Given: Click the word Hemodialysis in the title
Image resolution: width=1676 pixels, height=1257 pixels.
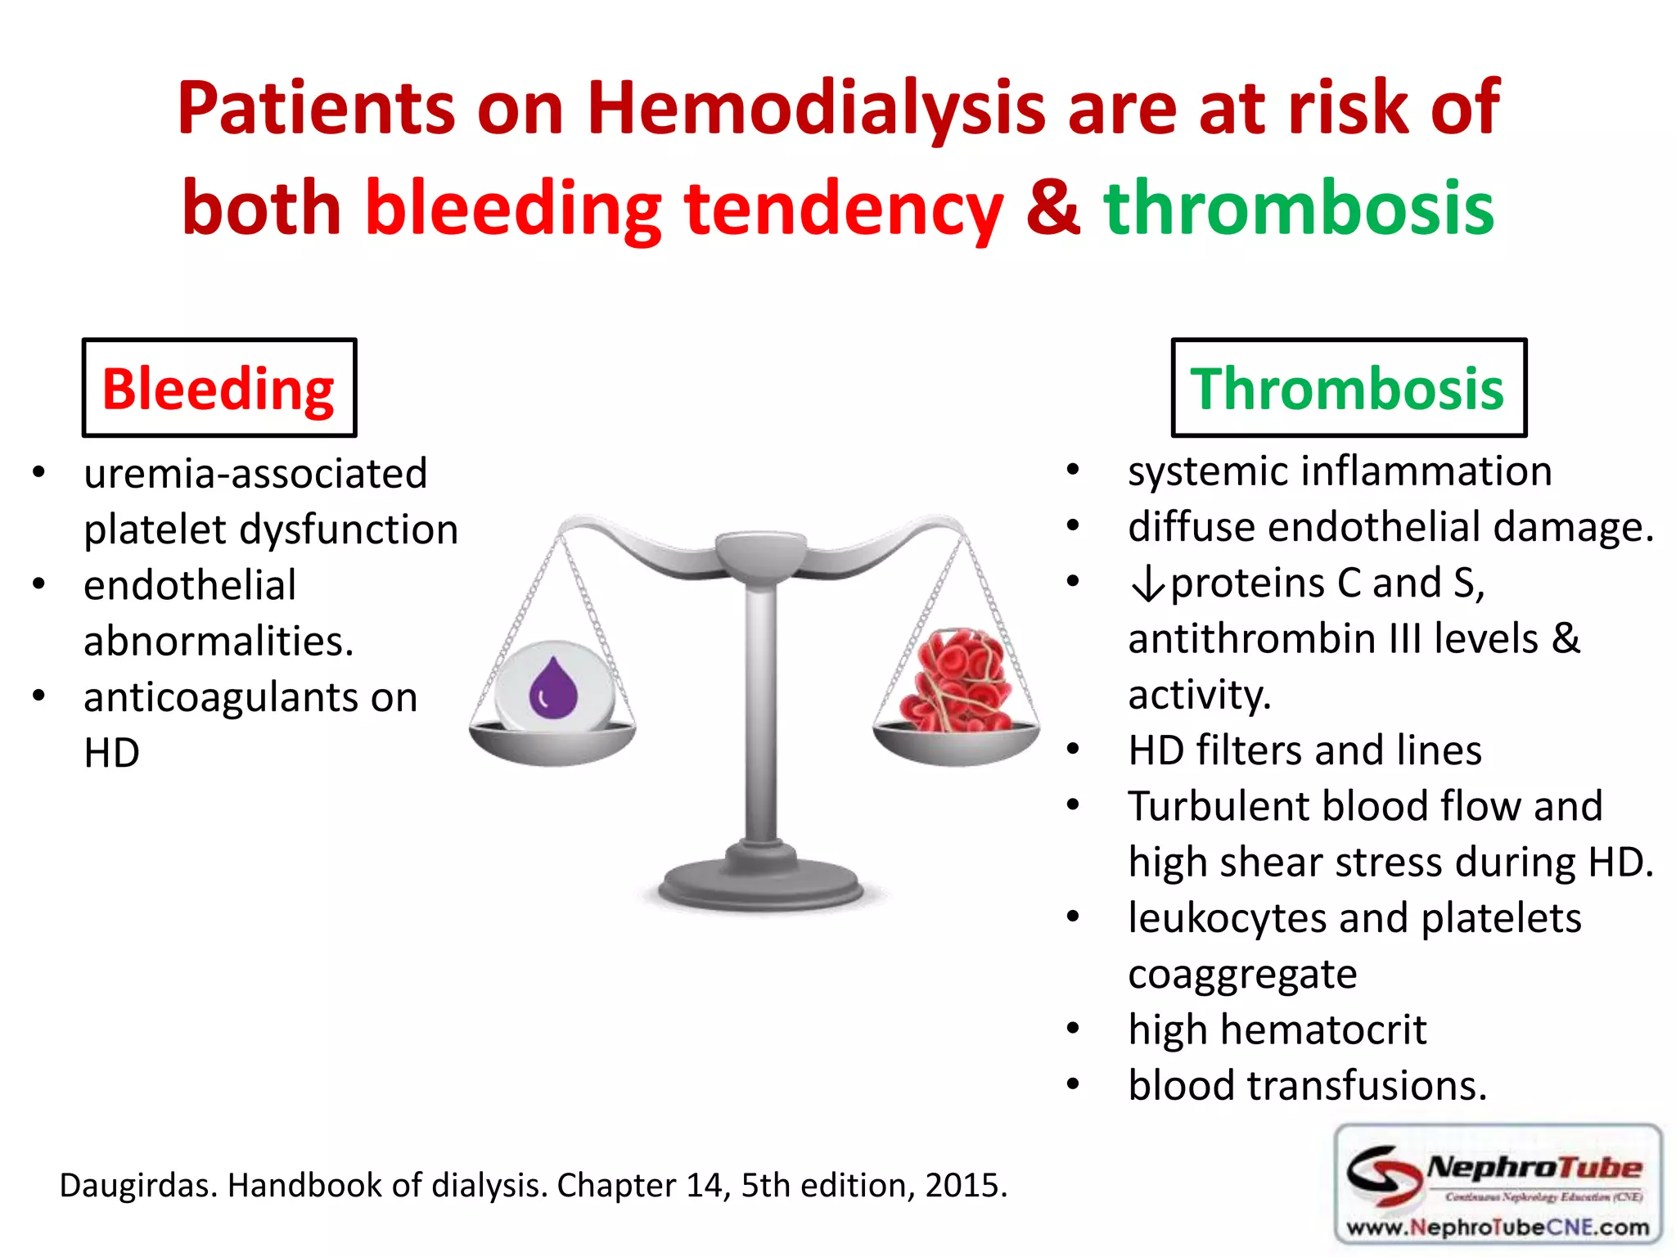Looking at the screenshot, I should click(x=816, y=109).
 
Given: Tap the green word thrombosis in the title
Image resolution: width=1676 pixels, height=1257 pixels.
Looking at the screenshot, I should click(x=1299, y=209).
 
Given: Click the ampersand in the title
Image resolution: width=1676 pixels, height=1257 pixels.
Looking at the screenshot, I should click(x=1052, y=209).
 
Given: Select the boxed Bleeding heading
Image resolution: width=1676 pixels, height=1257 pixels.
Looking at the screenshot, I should click(x=219, y=388).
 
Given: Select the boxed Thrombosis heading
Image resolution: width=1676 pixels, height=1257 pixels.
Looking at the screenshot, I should click(x=1348, y=388).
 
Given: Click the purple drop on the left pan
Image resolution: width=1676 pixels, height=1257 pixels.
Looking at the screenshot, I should click(x=553, y=687).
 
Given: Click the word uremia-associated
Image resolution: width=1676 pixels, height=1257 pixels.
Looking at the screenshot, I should click(x=255, y=474).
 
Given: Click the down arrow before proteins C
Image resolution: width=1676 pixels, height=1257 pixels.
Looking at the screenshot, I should click(x=1147, y=584).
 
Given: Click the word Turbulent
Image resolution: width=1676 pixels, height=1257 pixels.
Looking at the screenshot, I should click(x=1218, y=806).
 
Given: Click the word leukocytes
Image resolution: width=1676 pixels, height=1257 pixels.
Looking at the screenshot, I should click(x=1227, y=918).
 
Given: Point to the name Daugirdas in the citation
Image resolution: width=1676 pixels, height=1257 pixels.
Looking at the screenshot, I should click(x=137, y=1185).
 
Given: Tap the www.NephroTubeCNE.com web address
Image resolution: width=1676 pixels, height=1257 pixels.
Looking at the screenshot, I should click(x=1497, y=1228).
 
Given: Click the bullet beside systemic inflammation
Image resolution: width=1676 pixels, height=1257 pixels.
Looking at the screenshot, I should click(x=1073, y=470).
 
